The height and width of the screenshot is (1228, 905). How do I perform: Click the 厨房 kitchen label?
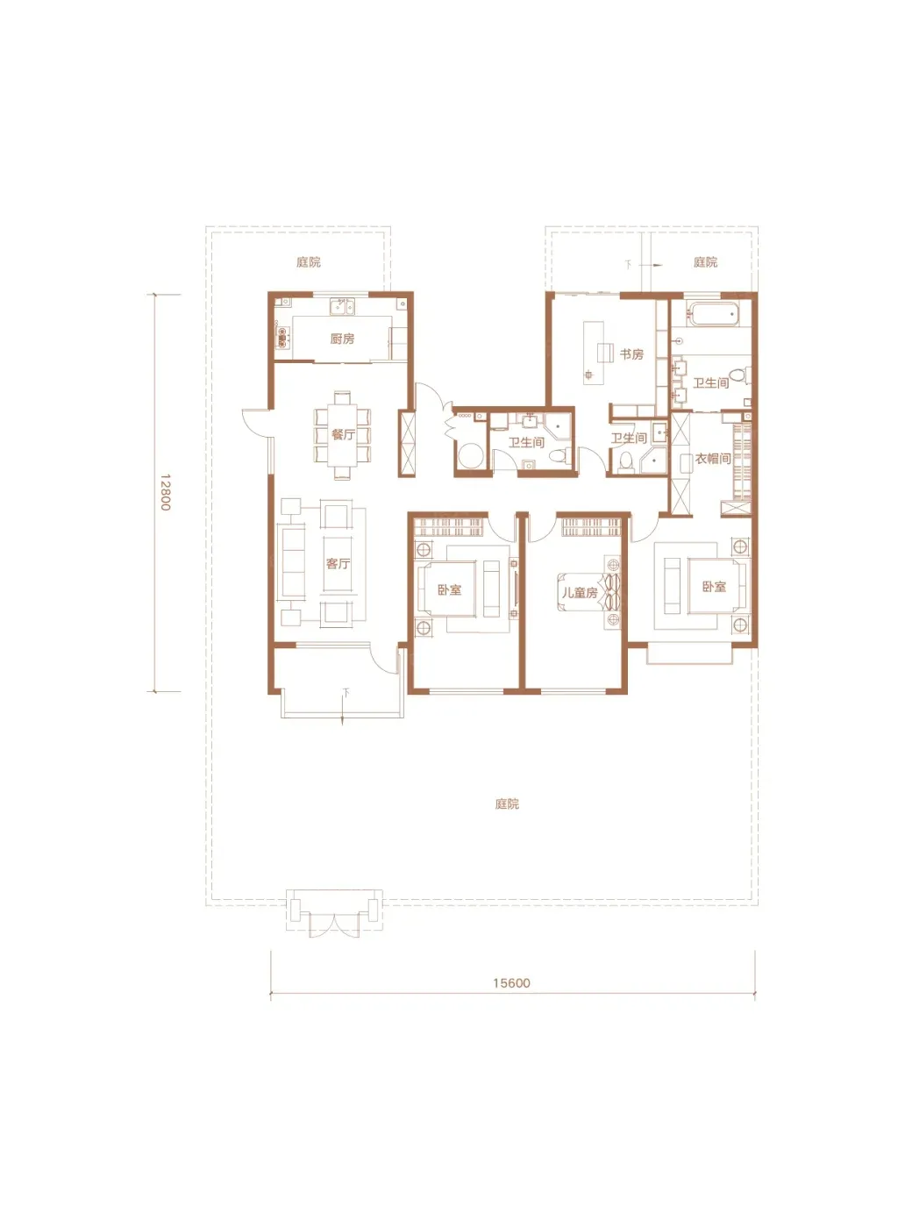(342, 339)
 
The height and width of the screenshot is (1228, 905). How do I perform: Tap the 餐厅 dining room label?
(343, 435)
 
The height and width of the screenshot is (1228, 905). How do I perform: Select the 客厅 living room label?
(338, 563)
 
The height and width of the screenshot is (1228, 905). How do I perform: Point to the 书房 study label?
(631, 354)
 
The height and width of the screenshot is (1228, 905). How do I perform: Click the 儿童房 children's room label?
(580, 593)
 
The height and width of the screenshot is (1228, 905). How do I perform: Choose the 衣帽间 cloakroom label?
(713, 458)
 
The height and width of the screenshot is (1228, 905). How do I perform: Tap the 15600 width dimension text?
(511, 983)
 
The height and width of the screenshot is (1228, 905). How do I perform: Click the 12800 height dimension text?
(166, 492)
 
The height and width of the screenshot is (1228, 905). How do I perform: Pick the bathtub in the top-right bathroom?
(714, 315)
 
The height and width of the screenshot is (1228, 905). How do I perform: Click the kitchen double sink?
(342, 306)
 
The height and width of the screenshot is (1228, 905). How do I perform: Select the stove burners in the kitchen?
(282, 338)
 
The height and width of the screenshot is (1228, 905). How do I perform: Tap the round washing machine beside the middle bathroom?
(470, 455)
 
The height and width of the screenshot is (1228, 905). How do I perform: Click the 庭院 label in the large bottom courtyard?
(507, 804)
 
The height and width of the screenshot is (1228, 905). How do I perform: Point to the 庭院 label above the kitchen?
(309, 262)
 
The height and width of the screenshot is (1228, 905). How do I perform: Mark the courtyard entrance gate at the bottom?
(334, 913)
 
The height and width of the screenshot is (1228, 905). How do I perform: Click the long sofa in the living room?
(292, 562)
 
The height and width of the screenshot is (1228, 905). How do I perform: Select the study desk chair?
(604, 352)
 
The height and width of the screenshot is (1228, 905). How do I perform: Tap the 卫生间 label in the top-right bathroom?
(710, 383)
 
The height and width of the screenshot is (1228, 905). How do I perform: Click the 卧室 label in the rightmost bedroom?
(714, 587)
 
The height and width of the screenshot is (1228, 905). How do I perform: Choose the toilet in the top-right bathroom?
(740, 375)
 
